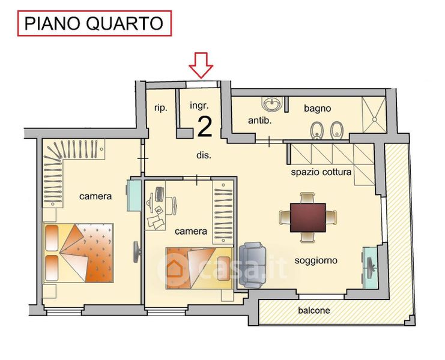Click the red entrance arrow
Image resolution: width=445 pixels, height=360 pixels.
201,65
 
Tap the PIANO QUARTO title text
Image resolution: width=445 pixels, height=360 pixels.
94,23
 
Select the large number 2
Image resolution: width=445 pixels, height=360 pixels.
205,127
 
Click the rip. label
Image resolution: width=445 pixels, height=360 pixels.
160,108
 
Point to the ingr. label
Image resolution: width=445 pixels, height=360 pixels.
199,106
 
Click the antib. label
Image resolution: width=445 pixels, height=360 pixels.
259,121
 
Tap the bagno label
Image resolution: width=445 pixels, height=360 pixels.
317,108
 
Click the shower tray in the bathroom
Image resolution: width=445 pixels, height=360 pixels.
374,115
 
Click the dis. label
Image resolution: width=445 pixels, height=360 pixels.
204,155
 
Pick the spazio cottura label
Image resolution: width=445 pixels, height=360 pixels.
321,172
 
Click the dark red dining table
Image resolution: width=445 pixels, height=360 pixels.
308,217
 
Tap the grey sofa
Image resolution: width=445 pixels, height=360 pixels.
253,265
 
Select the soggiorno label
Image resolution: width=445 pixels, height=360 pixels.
316,260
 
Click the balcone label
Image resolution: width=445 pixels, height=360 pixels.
314,310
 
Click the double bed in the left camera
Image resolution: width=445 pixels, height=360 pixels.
79,253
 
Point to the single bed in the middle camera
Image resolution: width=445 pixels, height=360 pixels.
199,268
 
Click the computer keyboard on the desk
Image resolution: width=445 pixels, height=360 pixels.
159,194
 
